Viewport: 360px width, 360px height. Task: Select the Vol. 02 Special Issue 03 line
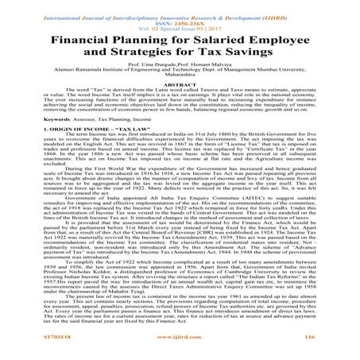[x=180, y=22]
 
